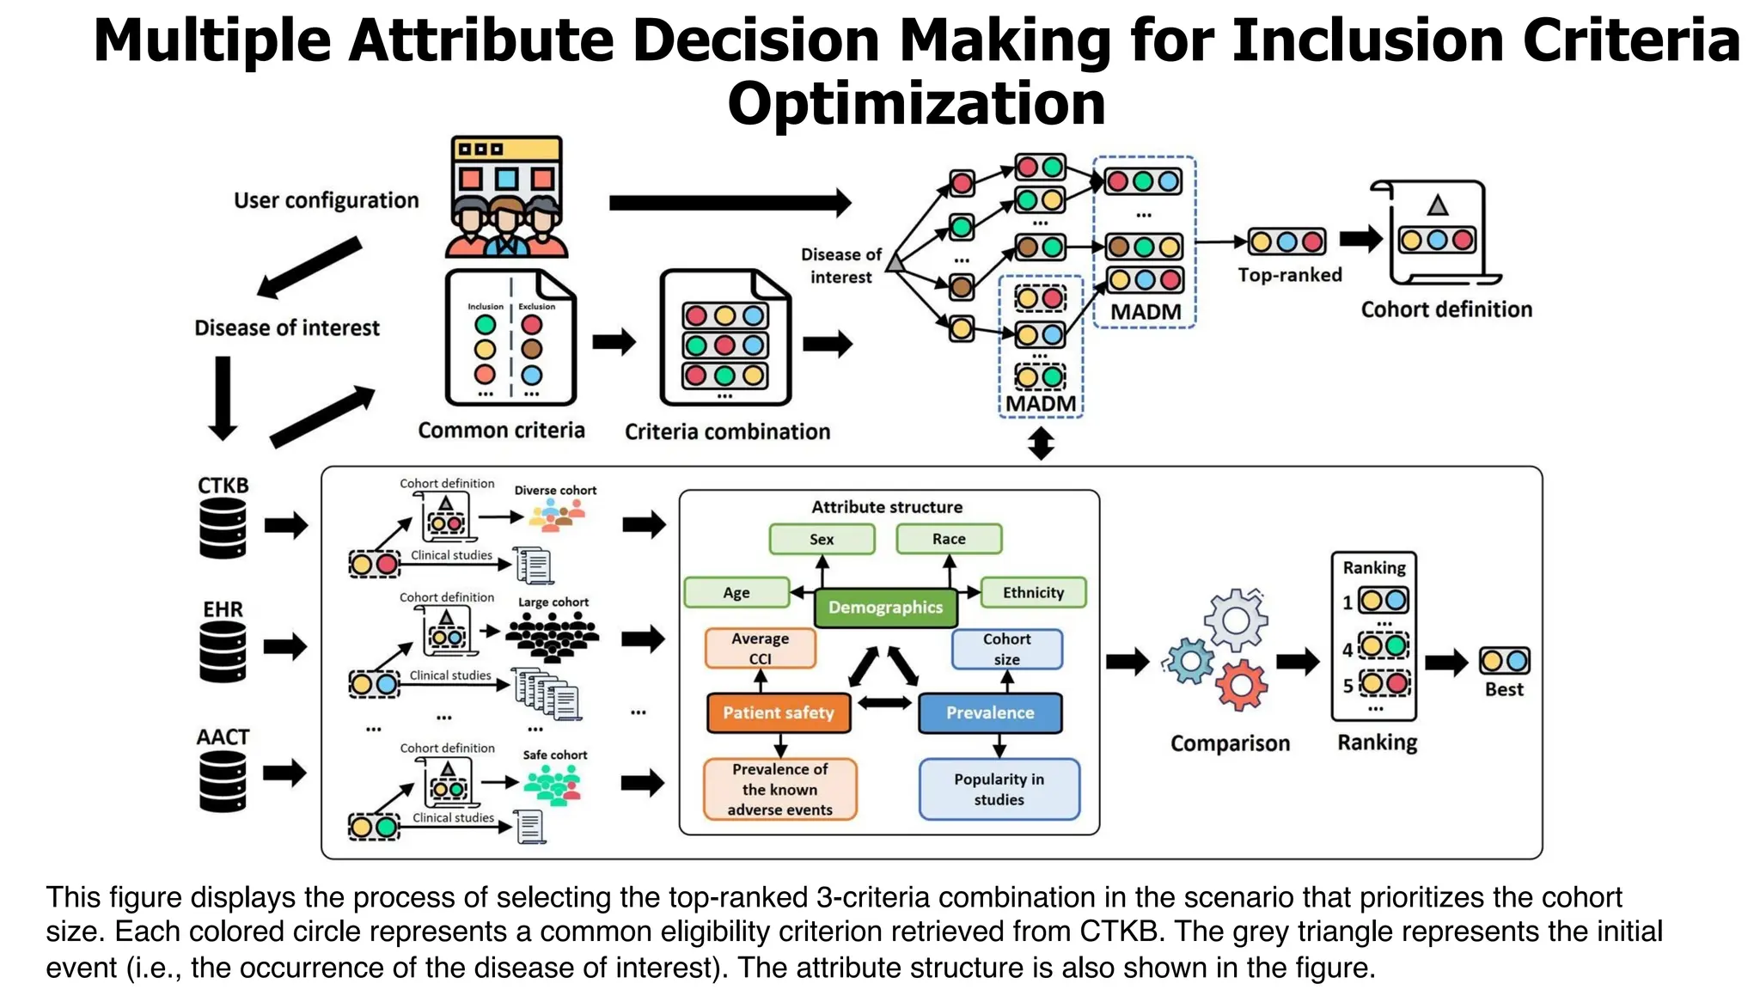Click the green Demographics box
[885, 608]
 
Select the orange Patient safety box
[779, 712]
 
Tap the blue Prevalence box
[990, 712]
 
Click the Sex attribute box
[822, 539]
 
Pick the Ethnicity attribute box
[1033, 592]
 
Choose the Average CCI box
[760, 648]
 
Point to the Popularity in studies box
[999, 789]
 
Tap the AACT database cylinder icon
[223, 780]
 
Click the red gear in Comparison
[1241, 685]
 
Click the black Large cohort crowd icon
[553, 638]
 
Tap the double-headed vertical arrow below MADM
[1041, 443]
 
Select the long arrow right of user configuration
[730, 203]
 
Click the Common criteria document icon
[510, 338]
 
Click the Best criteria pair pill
[1504, 661]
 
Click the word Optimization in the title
[916, 104]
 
